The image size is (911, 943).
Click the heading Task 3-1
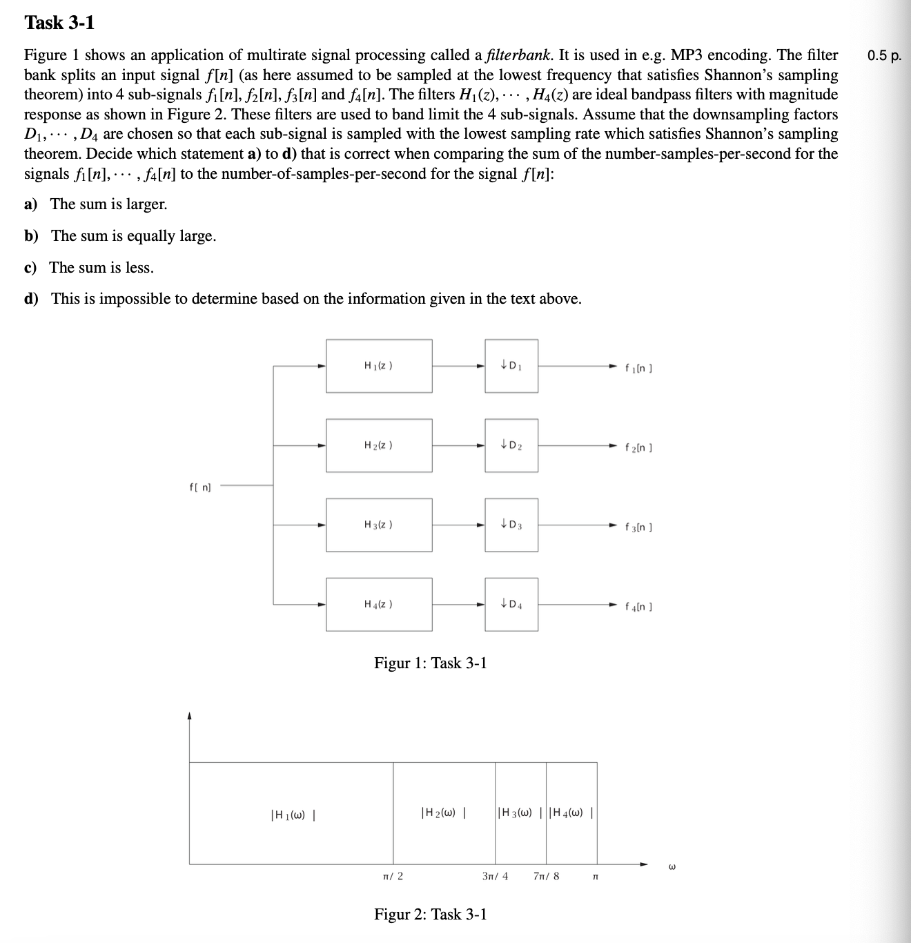coord(59,23)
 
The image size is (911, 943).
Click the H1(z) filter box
coord(379,366)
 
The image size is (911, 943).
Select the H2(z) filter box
coord(379,445)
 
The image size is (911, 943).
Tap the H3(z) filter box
coord(379,525)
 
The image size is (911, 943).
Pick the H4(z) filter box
coord(379,604)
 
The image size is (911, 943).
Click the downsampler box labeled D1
coord(511,366)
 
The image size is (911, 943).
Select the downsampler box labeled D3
coord(511,525)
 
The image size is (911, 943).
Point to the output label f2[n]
coord(638,447)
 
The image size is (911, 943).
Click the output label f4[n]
coord(638,607)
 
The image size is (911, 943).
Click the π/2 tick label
coord(393,877)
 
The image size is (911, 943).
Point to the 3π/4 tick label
coord(495,877)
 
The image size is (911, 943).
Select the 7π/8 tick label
coord(547,877)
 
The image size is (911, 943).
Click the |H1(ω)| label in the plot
coord(293,815)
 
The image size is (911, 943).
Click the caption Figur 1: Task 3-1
coord(430,663)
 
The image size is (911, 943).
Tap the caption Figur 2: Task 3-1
coord(430,915)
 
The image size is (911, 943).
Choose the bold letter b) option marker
coord(31,236)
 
